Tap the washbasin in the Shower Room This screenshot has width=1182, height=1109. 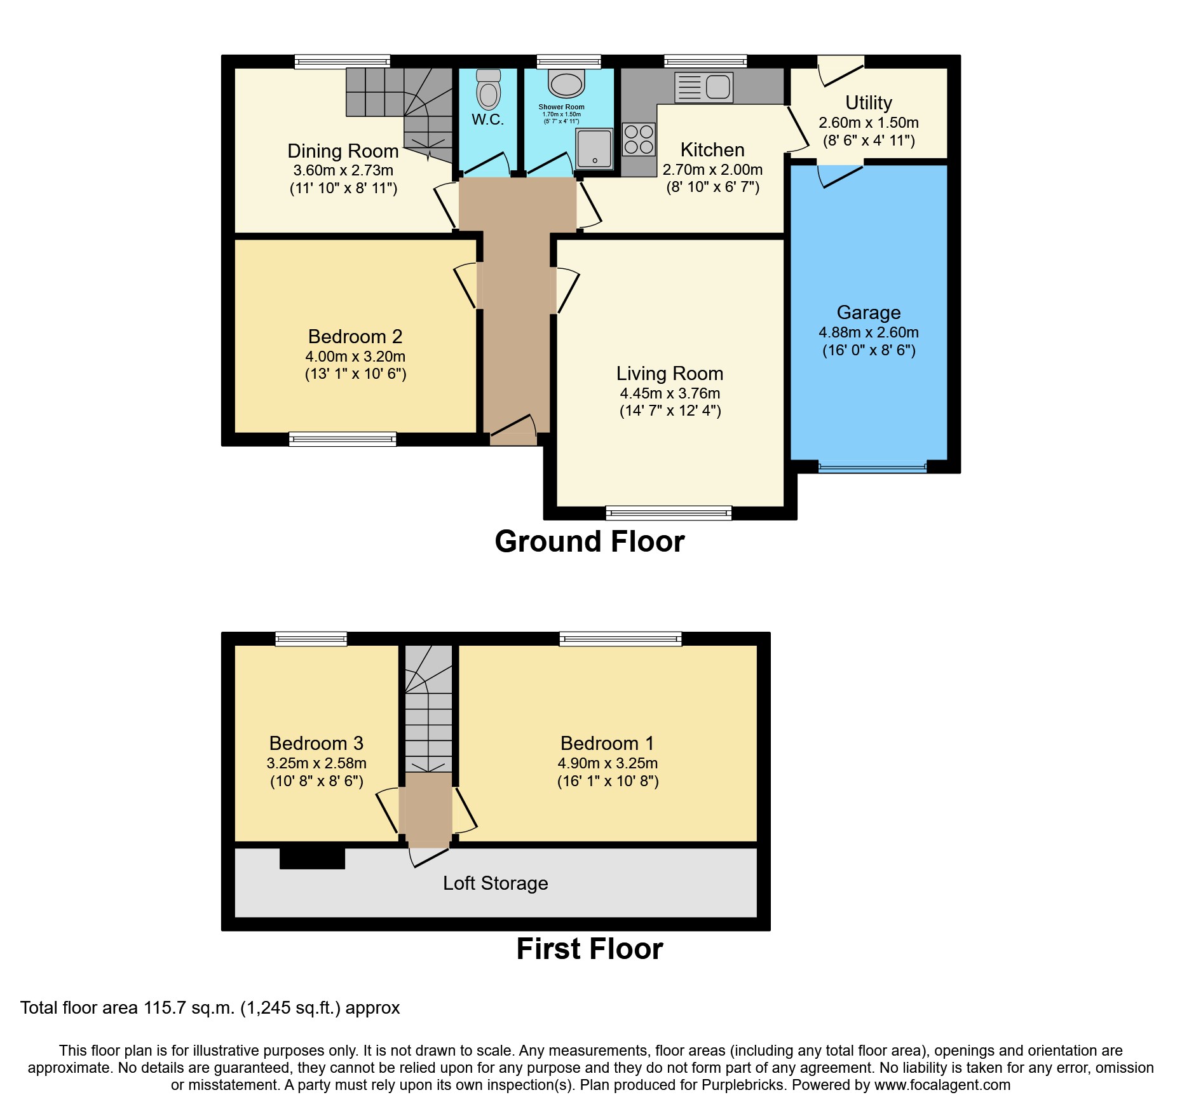(566, 84)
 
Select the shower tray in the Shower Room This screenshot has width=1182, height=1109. (594, 149)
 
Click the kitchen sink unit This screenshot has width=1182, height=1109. (703, 87)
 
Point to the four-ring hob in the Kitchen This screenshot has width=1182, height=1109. (639, 140)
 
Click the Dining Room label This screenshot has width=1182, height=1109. (343, 151)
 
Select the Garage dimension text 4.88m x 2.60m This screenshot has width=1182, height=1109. (868, 332)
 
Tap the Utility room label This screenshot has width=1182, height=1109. (868, 103)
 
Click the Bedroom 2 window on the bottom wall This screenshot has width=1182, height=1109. (343, 439)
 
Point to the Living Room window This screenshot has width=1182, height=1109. (669, 512)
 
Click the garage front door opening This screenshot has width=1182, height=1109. (872, 467)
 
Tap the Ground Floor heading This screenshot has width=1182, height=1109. (590, 541)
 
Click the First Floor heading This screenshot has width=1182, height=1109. (590, 949)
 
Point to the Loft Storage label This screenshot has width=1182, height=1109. (495, 883)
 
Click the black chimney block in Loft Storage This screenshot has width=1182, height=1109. (312, 858)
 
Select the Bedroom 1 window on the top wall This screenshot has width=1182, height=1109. (620, 639)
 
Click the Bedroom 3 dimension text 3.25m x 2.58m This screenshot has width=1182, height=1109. (316, 763)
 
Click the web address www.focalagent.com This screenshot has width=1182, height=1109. (942, 1085)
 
